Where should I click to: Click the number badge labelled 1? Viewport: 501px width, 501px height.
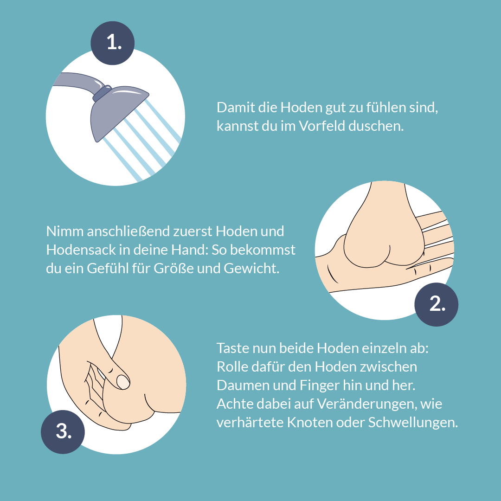(x=113, y=43)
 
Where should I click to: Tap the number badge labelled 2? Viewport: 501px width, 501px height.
(x=437, y=304)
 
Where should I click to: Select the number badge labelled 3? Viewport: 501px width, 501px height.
(x=63, y=431)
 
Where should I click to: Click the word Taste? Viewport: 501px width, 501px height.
(x=232, y=348)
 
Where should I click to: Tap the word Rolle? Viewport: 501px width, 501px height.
(x=231, y=366)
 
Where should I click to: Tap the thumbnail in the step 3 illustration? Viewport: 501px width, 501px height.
(x=123, y=382)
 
